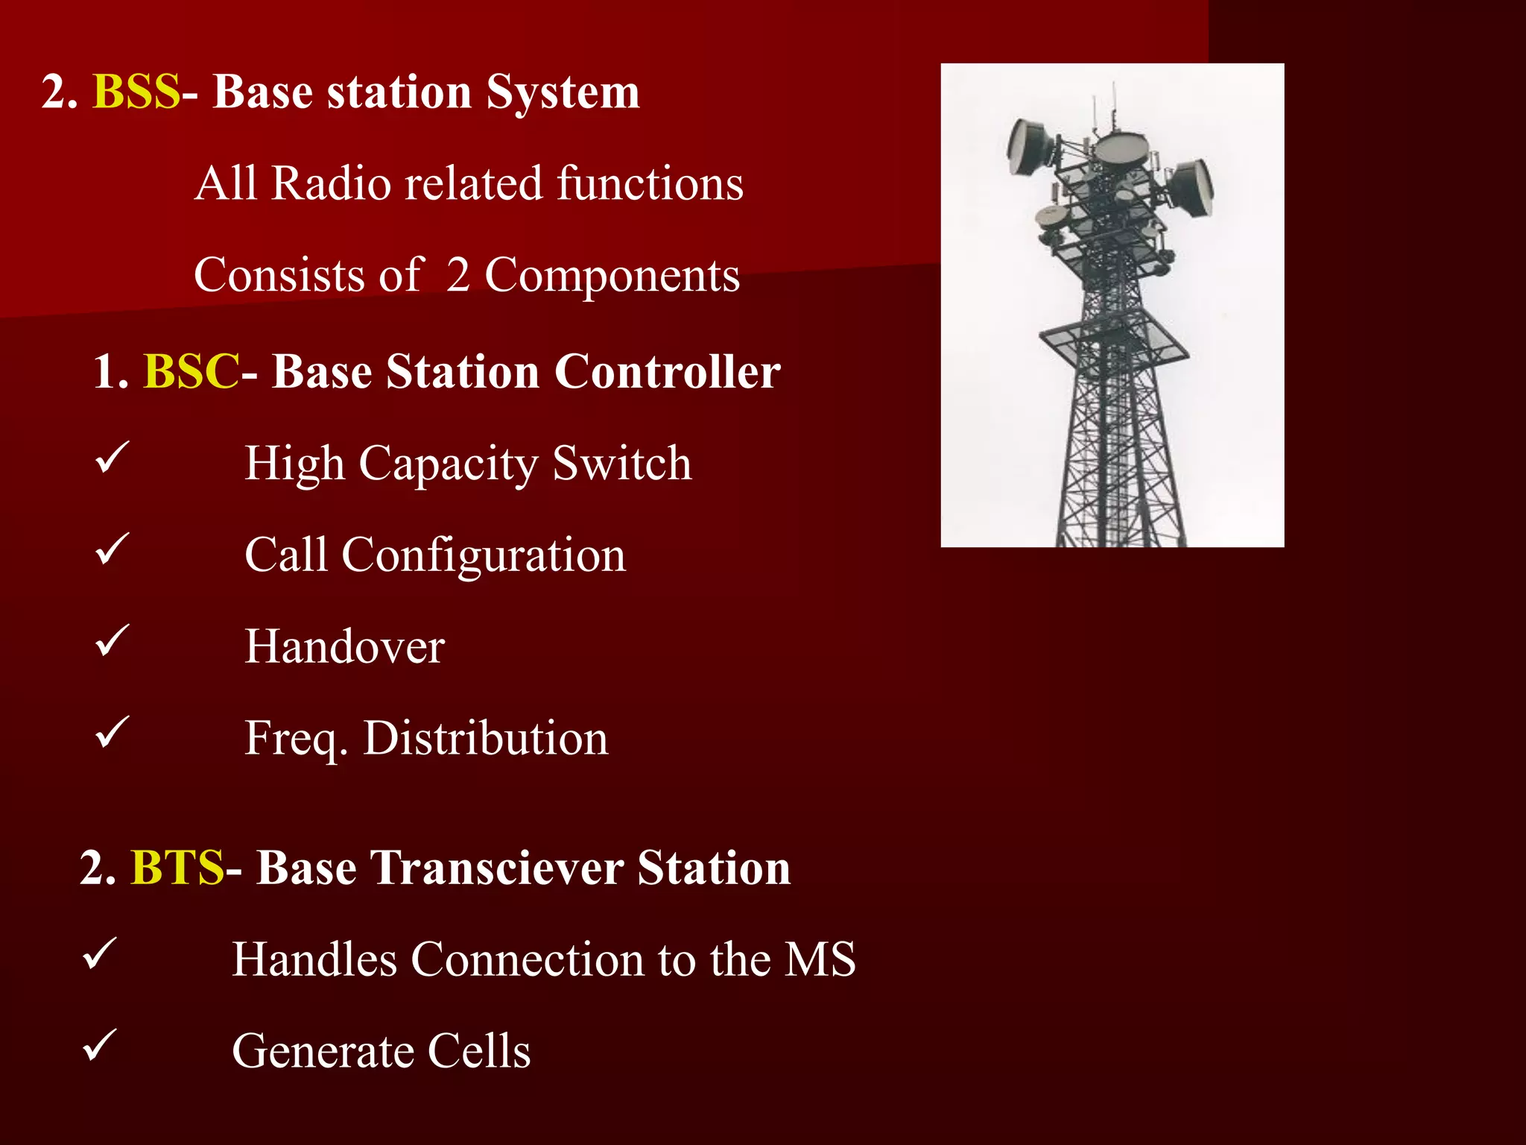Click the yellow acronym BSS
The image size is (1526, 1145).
pyautogui.click(x=136, y=92)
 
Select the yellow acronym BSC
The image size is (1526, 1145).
pyautogui.click(x=191, y=372)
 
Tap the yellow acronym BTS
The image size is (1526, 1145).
pyautogui.click(x=177, y=868)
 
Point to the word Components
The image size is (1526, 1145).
pyautogui.click(x=612, y=276)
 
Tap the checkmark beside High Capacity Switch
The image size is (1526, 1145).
pyautogui.click(x=113, y=458)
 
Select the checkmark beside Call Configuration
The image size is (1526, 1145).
pyautogui.click(x=113, y=549)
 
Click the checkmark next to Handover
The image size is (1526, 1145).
pyautogui.click(x=113, y=641)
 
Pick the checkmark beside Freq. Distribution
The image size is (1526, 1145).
pyautogui.click(x=113, y=733)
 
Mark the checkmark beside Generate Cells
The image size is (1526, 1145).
pyautogui.click(x=100, y=1045)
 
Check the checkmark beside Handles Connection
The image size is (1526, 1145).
pyautogui.click(x=100, y=954)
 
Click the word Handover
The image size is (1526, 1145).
pyautogui.click(x=344, y=646)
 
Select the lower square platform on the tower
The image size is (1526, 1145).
pyautogui.click(x=1113, y=339)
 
